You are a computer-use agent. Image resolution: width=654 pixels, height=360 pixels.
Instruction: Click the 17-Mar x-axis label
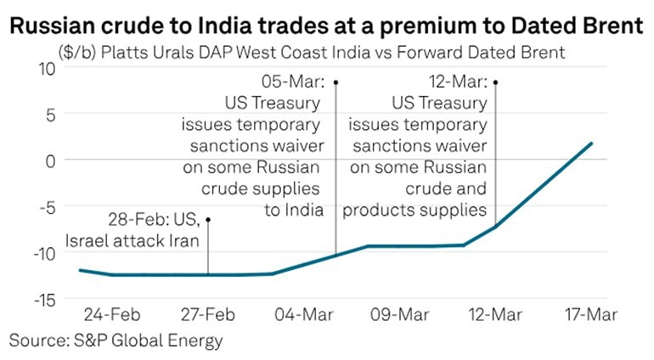(591, 315)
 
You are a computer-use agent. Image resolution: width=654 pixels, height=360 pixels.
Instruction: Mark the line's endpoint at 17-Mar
(591, 143)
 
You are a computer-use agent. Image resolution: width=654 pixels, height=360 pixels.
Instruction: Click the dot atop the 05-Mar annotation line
(336, 82)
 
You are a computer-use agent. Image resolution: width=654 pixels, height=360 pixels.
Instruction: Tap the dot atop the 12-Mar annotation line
(495, 82)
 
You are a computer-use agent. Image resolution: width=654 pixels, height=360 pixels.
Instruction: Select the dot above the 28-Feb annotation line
(208, 220)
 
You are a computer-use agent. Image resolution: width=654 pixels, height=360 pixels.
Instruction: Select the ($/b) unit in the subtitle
(77, 53)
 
